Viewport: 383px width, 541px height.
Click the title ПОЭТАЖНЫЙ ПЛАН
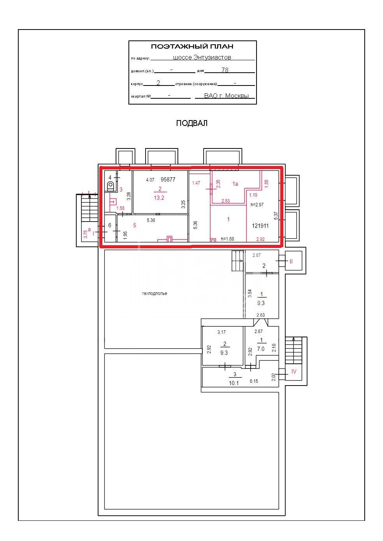click(x=192, y=46)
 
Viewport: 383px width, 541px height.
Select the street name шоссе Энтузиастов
click(x=202, y=57)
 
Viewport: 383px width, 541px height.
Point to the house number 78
click(x=225, y=70)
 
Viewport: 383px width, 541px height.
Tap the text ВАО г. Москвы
click(x=226, y=96)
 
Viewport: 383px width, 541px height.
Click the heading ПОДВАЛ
click(x=191, y=123)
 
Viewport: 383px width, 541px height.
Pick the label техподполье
click(x=155, y=293)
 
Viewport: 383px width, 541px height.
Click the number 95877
click(x=168, y=180)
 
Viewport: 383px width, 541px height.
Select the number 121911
click(x=260, y=226)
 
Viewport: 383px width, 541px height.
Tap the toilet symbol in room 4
click(x=110, y=186)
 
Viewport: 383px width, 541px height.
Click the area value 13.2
click(x=159, y=198)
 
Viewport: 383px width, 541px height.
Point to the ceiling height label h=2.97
click(x=257, y=205)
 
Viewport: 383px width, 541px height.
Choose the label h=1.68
click(x=227, y=239)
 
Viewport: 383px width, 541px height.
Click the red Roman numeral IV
click(x=294, y=372)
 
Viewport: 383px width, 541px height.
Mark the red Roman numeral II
click(x=291, y=261)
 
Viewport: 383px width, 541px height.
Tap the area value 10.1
click(x=234, y=383)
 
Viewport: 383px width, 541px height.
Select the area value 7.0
click(x=261, y=349)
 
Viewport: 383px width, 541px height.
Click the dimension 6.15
click(x=254, y=381)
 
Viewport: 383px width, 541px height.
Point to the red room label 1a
click(x=235, y=184)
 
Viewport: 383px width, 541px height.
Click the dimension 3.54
click(x=250, y=293)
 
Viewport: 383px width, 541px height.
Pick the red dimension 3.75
click(x=85, y=234)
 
